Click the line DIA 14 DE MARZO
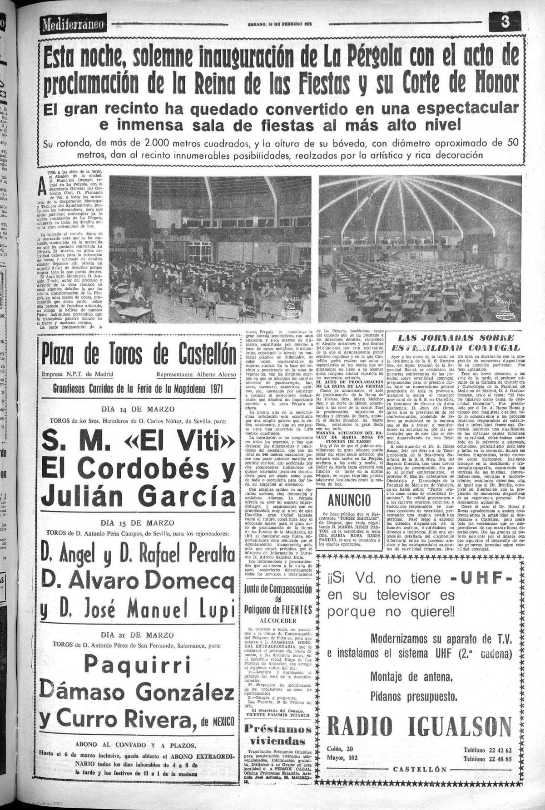pyautogui.click(x=138, y=409)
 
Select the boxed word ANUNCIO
pyautogui.click(x=350, y=501)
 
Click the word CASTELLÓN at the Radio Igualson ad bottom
pyautogui.click(x=420, y=770)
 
